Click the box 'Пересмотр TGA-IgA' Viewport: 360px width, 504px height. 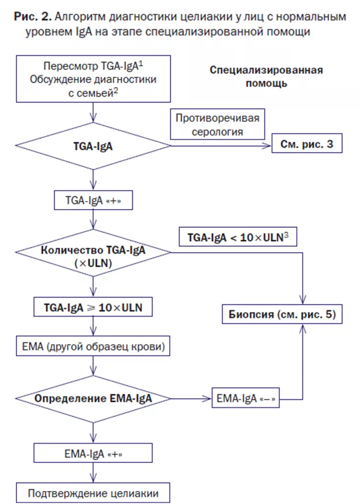(93, 78)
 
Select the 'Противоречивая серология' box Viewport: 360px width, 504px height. (217, 125)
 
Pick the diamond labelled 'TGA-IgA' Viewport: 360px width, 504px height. (93, 146)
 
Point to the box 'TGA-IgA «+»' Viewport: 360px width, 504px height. (93, 201)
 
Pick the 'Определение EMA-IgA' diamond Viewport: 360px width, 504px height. (93, 399)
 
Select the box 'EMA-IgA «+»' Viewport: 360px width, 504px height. (93, 453)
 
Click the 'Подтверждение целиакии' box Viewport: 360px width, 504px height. (93, 492)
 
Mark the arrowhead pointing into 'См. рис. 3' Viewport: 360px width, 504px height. (269, 146)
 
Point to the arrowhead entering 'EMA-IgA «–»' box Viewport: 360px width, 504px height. (208, 399)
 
